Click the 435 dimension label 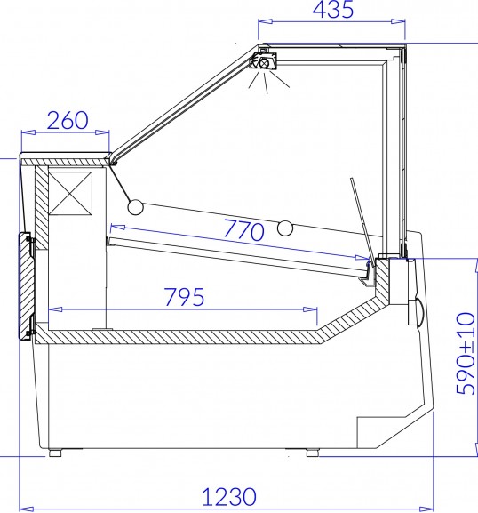[333, 10]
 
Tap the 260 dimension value [68, 120]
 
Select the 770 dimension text [243, 229]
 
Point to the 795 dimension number [185, 297]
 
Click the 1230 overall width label [229, 496]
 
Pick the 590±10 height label [466, 354]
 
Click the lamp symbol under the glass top [263, 62]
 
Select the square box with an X [70, 194]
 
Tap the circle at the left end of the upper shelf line [135, 207]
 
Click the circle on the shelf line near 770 [285, 228]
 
